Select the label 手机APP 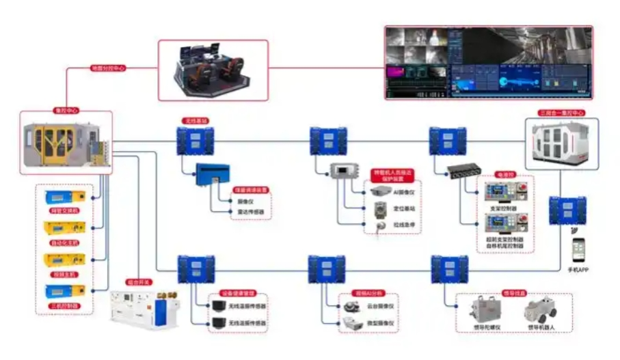[x=578, y=271]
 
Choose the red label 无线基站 [x=194, y=121]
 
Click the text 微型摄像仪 [x=379, y=322]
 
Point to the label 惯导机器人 [x=541, y=327]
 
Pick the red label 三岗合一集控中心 [x=563, y=113]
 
